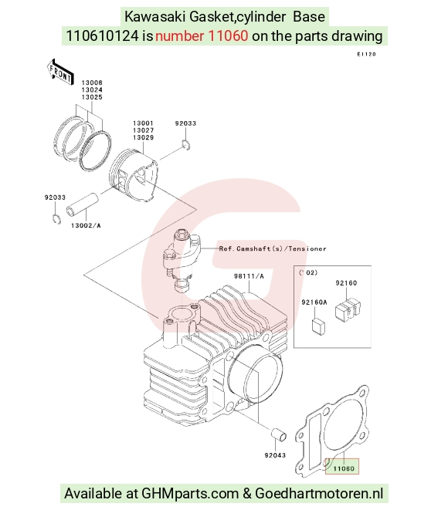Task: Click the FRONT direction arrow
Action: point(60,73)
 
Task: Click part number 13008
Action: point(92,83)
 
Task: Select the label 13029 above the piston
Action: point(143,137)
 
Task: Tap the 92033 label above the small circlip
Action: point(185,123)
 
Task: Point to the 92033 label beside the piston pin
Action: point(55,198)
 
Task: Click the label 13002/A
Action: point(86,225)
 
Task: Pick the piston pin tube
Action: point(83,204)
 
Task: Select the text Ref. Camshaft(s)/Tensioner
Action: point(273,248)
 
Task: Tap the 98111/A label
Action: point(249,276)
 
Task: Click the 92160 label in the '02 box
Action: point(346,283)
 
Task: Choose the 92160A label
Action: point(314,302)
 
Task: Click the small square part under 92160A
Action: point(319,326)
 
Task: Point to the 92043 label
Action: point(275,455)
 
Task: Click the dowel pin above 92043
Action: point(279,434)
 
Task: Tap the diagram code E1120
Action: point(367,54)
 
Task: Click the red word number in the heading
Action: point(180,35)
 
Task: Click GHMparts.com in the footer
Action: point(190,494)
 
